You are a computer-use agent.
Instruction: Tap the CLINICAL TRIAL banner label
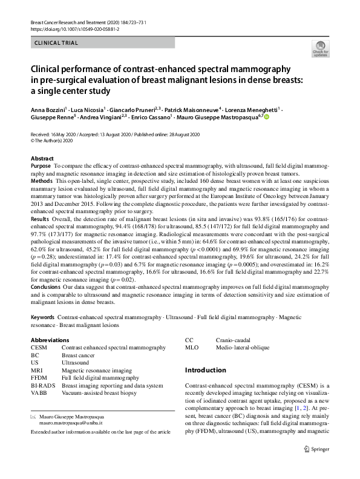coord(57,43)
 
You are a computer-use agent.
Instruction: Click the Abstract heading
coord(42,159)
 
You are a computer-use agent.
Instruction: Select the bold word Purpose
coord(41,166)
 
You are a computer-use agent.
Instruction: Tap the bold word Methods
coord(41,181)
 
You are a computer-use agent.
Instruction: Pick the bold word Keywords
coord(42,317)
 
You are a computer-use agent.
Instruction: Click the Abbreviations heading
coord(50,340)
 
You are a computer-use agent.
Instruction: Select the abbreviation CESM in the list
coord(39,348)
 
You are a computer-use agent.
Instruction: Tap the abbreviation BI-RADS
coord(43,386)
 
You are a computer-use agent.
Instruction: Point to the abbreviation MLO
coord(192,348)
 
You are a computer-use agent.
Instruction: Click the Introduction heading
coord(205,370)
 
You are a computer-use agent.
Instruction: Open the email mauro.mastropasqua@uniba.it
coord(71,424)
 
